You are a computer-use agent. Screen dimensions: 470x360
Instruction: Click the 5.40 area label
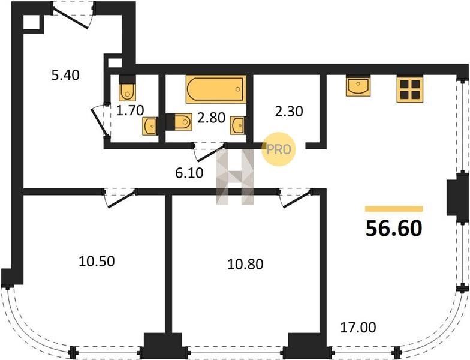tap(65, 75)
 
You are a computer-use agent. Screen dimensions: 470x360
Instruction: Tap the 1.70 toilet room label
tap(130, 110)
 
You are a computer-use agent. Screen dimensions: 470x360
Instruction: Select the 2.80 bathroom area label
tap(211, 118)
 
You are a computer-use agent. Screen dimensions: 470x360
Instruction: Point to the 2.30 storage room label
tap(289, 112)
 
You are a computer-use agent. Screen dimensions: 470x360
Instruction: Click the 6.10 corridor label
tap(189, 173)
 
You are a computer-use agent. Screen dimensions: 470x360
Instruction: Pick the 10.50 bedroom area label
tap(97, 262)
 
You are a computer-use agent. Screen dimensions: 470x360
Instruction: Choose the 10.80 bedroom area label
tap(246, 264)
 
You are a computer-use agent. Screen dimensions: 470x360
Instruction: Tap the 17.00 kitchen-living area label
tap(358, 328)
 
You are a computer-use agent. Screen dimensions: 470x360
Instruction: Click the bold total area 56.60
tap(394, 229)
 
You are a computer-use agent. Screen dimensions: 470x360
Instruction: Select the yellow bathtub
tap(216, 89)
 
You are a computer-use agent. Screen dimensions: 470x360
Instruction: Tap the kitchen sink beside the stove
tap(358, 86)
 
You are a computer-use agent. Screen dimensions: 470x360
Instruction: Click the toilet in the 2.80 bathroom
tap(179, 122)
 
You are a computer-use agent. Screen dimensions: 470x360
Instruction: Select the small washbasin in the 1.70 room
tap(149, 126)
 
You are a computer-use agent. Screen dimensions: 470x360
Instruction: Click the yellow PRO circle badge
tap(278, 149)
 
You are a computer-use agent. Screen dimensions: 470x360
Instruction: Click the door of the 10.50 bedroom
tap(120, 198)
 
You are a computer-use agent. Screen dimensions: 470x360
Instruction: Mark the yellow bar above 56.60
tap(394, 209)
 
